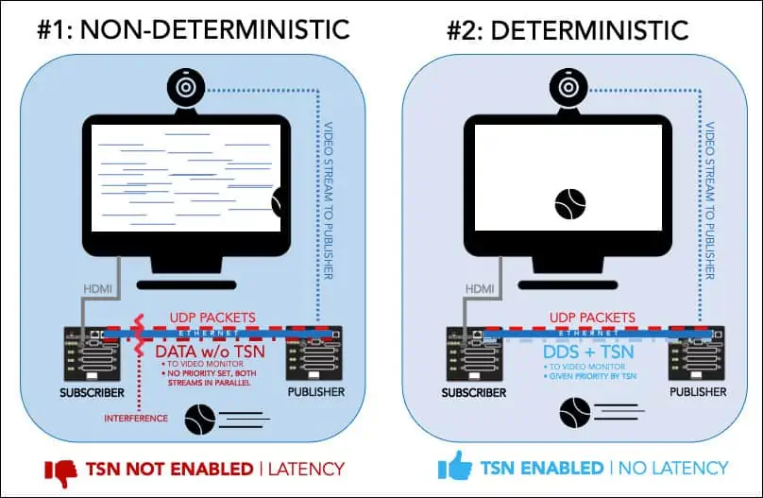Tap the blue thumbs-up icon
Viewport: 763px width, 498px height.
point(453,467)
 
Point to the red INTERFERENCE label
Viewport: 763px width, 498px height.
point(137,417)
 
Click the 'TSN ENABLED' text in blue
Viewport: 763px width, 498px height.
point(543,469)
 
